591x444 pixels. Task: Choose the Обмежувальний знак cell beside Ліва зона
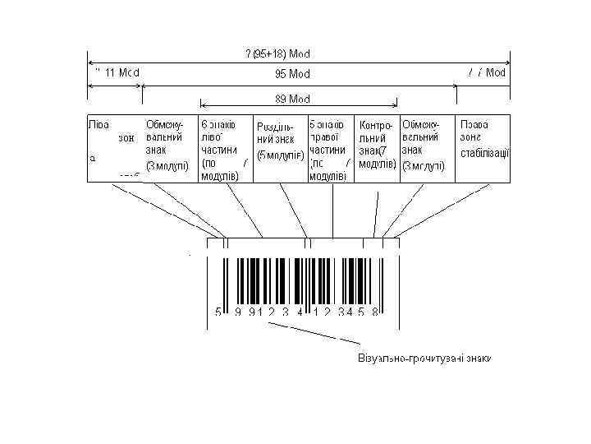[167, 145]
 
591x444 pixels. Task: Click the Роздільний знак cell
[279, 141]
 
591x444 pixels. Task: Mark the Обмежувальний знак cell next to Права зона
[424, 145]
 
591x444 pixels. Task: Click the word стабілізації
[485, 153]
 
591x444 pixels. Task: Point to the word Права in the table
[474, 124]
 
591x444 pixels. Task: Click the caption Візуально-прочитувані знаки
[424, 359]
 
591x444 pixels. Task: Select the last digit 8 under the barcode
[374, 312]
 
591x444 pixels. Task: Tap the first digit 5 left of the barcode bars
[218, 312]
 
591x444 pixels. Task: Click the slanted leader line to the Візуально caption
[320, 333]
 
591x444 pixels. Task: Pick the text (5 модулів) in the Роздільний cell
[280, 155]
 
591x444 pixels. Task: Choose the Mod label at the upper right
[496, 72]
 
